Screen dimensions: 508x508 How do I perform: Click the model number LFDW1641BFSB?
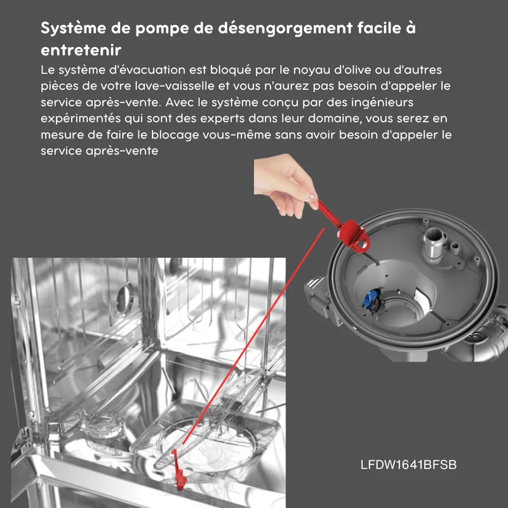pos(408,465)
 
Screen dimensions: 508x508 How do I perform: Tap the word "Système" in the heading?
pos(74,28)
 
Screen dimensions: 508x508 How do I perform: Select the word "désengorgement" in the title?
pos(285,28)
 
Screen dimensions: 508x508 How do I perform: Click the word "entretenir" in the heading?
pos(81,50)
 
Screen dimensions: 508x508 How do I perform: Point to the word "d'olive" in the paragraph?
pos(352,70)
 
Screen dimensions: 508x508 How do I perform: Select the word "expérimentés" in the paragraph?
pos(81,119)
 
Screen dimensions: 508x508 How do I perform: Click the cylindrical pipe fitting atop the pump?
pos(434,243)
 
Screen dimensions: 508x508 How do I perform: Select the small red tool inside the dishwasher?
pos(178,470)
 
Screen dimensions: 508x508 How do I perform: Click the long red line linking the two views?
pos(253,336)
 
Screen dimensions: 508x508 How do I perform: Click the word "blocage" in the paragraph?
pos(175,135)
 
